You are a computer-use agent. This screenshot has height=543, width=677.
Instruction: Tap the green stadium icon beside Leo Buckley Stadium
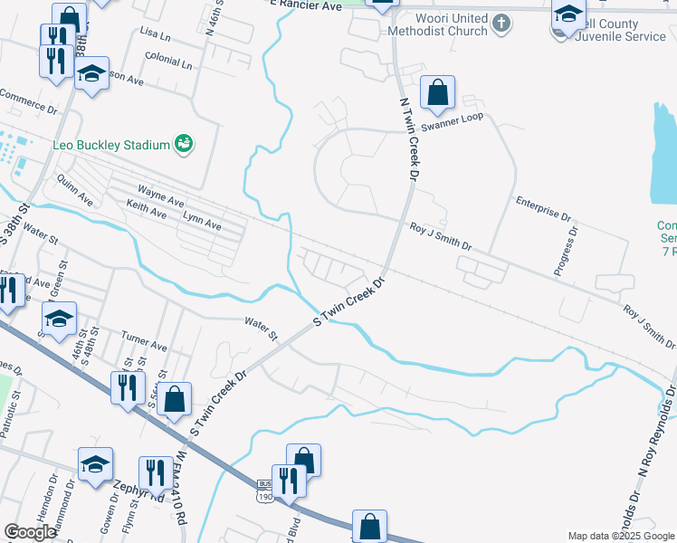click(185, 144)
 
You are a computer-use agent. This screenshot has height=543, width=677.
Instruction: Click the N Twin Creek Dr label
click(409, 136)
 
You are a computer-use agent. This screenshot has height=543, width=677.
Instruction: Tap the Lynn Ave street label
click(202, 222)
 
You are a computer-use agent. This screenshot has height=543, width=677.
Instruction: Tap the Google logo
click(31, 532)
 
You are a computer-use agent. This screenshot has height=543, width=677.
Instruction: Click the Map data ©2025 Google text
click(620, 536)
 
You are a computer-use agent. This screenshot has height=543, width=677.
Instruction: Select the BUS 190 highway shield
click(264, 490)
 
